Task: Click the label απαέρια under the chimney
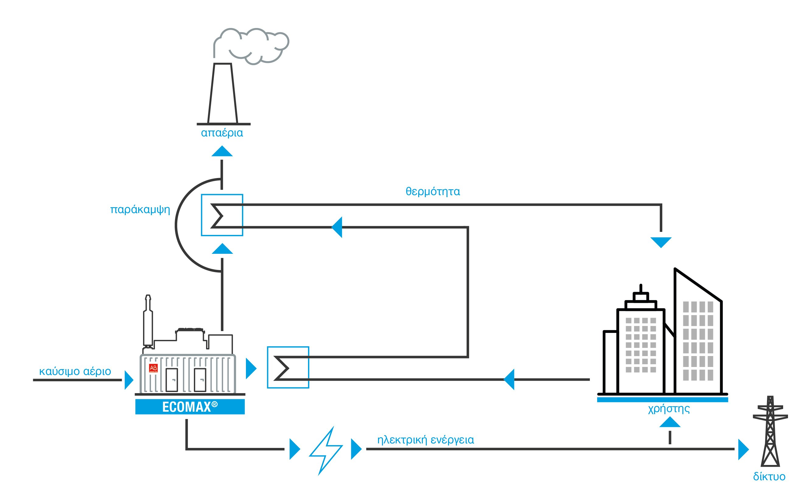(x=222, y=133)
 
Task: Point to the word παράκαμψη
(x=140, y=210)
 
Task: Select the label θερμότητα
(x=433, y=192)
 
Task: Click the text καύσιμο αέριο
(x=75, y=371)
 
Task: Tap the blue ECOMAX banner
(x=190, y=407)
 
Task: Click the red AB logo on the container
(x=153, y=368)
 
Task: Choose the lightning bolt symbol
(x=326, y=451)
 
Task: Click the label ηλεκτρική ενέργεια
(x=426, y=440)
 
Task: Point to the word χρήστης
(x=669, y=409)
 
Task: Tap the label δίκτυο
(x=769, y=477)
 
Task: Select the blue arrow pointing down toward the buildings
(x=661, y=242)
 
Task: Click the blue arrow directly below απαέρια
(x=222, y=151)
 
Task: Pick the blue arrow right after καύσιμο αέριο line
(x=128, y=380)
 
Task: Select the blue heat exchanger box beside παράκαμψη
(x=222, y=215)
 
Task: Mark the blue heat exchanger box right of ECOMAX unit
(x=288, y=368)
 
